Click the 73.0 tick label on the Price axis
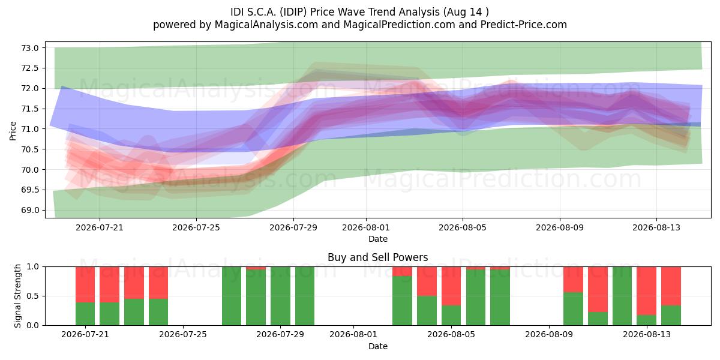(29, 48)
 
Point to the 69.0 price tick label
(29, 210)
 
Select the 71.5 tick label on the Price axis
(29, 109)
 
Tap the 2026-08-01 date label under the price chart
(366, 227)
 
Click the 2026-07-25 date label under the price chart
(196, 227)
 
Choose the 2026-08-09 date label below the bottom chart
(549, 334)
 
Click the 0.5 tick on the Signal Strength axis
(32, 296)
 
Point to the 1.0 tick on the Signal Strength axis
(32, 267)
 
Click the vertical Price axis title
(13, 131)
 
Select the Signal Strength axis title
(17, 296)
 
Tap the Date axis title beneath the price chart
(378, 239)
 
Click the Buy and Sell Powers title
(377, 257)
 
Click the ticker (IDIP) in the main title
(293, 12)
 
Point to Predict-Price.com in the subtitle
(524, 25)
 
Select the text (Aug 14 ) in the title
(466, 12)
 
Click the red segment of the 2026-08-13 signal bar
(646, 291)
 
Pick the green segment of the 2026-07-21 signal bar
(85, 314)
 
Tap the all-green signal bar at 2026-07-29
(280, 296)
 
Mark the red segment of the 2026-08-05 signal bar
(451, 286)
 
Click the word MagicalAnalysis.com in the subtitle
(266, 25)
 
